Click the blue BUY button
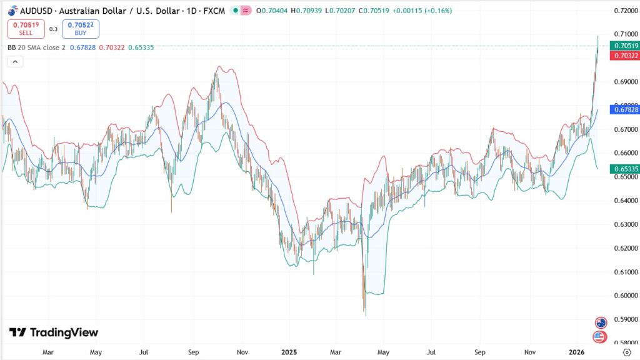pyautogui.click(x=81, y=29)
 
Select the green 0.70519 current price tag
pyautogui.click(x=626, y=46)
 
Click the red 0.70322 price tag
pyautogui.click(x=626, y=56)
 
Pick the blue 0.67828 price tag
pyautogui.click(x=626, y=109)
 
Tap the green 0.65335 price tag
pyautogui.click(x=626, y=169)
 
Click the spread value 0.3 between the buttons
pyautogui.click(x=53, y=29)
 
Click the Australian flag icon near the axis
pyautogui.click(x=601, y=322)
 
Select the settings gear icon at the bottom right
pyautogui.click(x=627, y=352)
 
